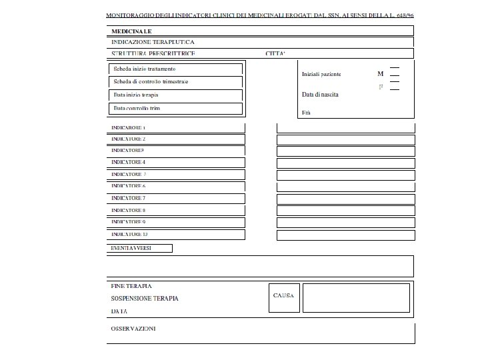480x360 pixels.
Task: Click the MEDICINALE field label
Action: coord(131,31)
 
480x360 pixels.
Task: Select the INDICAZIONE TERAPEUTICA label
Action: coord(153,42)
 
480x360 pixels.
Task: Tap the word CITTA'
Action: coord(275,53)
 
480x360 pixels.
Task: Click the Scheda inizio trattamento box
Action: coord(175,69)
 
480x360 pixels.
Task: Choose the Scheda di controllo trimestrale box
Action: coord(175,82)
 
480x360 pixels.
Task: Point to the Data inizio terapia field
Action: coord(175,95)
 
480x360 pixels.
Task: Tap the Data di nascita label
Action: coord(320,95)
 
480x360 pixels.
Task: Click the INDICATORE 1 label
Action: coord(129,127)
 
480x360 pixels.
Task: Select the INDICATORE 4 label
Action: coord(129,163)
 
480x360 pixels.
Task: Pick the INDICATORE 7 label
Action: coord(129,199)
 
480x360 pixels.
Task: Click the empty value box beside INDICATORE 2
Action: coord(345,140)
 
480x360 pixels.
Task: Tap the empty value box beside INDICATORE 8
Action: coord(345,211)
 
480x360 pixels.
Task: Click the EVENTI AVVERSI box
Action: coord(139,249)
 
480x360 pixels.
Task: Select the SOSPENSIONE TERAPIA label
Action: coord(144,298)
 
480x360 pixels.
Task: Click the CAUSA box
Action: coord(283,297)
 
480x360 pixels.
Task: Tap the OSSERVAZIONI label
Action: coord(133,329)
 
